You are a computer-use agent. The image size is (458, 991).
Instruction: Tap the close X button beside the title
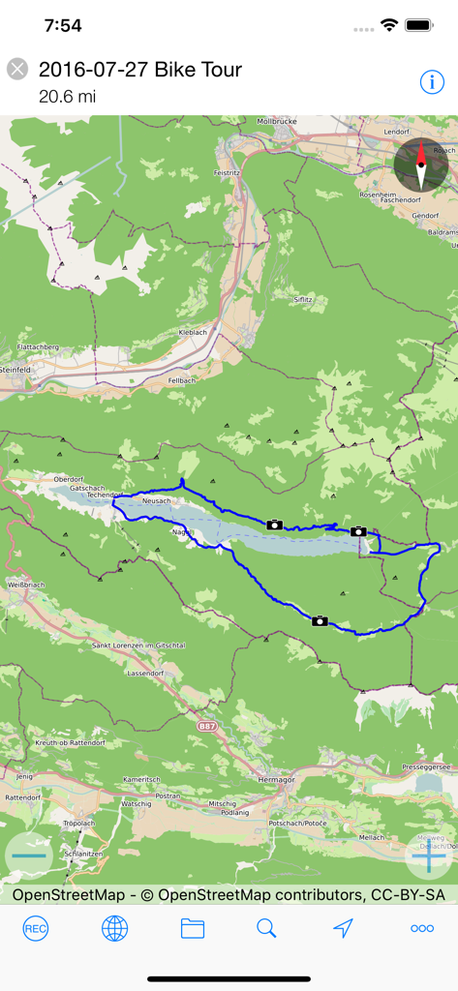pyautogui.click(x=17, y=69)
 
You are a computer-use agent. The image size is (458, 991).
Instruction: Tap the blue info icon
pyautogui.click(x=432, y=82)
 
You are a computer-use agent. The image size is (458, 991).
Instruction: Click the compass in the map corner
pyautogui.click(x=420, y=164)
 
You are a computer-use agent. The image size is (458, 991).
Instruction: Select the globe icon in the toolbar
pyautogui.click(x=114, y=929)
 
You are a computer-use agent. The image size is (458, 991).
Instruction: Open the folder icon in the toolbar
pyautogui.click(x=193, y=929)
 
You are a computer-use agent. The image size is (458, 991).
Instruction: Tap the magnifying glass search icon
pyautogui.click(x=266, y=929)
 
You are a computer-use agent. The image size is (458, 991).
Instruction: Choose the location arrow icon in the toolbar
pyautogui.click(x=343, y=929)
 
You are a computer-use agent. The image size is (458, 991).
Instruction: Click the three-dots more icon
pyautogui.click(x=422, y=929)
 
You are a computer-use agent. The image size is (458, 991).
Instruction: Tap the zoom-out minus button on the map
pyautogui.click(x=30, y=856)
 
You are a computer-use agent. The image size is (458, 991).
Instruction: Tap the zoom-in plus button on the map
pyautogui.click(x=429, y=856)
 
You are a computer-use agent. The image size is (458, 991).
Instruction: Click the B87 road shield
pyautogui.click(x=207, y=724)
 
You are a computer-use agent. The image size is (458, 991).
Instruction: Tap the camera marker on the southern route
pyautogui.click(x=320, y=620)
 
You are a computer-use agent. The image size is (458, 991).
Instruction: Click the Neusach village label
pyautogui.click(x=156, y=501)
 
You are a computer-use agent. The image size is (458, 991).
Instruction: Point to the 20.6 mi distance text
pyautogui.click(x=67, y=96)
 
